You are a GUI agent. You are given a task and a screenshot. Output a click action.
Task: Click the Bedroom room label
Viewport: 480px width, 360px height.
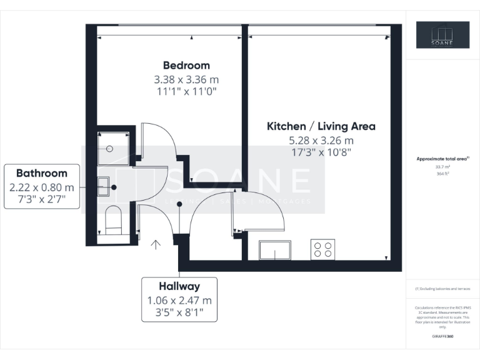pyautogui.click(x=186, y=65)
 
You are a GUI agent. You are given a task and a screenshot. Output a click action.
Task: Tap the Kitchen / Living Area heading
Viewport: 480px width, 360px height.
pyautogui.click(x=321, y=126)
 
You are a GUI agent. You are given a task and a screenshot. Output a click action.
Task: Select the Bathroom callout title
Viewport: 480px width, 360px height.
pyautogui.click(x=41, y=173)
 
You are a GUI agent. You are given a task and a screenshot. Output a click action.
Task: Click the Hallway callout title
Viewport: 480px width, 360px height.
pyautogui.click(x=179, y=286)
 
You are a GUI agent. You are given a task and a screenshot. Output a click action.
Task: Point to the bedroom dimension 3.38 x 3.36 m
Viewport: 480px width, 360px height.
pyautogui.click(x=186, y=79)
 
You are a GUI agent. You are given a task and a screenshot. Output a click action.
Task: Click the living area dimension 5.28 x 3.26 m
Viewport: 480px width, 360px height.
pyautogui.click(x=321, y=140)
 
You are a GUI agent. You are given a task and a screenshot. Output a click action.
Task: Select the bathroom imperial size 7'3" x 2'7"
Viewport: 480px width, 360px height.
pyautogui.click(x=41, y=200)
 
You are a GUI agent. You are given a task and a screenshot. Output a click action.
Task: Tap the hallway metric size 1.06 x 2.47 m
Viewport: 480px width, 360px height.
pyautogui.click(x=179, y=300)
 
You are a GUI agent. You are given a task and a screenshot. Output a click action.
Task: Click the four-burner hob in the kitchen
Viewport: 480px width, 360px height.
pyautogui.click(x=323, y=249)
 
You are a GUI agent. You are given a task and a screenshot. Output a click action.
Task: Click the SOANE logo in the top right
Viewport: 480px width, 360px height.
pyautogui.click(x=443, y=35)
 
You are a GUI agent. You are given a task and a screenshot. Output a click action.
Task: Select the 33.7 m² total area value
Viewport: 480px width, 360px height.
pyautogui.click(x=443, y=167)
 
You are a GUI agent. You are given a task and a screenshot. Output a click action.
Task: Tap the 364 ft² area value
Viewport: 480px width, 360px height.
pyautogui.click(x=443, y=174)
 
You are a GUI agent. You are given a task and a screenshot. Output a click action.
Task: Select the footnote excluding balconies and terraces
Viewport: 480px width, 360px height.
pyautogui.click(x=442, y=289)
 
